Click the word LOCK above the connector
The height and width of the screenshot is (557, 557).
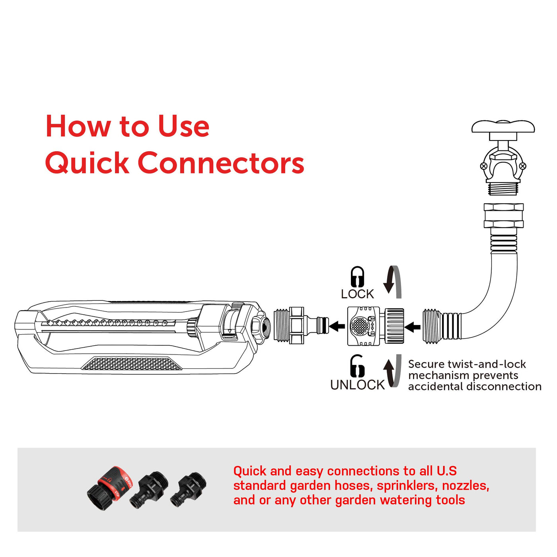pyautogui.click(x=357, y=294)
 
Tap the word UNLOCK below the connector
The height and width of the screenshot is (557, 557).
pyautogui.click(x=357, y=385)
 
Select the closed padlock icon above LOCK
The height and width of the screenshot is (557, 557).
pyautogui.click(x=358, y=276)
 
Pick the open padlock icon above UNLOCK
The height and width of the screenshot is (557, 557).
pyautogui.click(x=357, y=366)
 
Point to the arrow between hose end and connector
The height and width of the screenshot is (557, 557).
pyautogui.click(x=413, y=327)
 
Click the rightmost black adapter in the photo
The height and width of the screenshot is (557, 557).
pyautogui.click(x=189, y=489)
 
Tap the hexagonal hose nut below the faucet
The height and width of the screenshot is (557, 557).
pyautogui.click(x=504, y=216)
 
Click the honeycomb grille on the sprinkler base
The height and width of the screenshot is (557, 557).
pyautogui.click(x=132, y=363)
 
